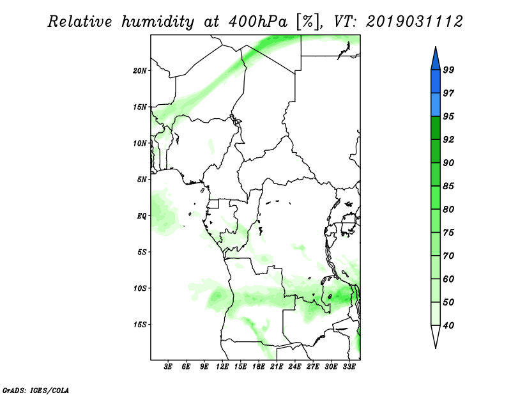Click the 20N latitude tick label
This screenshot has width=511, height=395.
pyautogui.click(x=140, y=70)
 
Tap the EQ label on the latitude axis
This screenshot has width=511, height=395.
pyautogui.click(x=142, y=216)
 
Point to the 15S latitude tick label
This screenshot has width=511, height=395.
pyautogui.click(x=140, y=325)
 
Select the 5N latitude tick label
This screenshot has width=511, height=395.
pyautogui.click(x=142, y=180)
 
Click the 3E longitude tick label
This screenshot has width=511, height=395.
pyautogui.click(x=168, y=367)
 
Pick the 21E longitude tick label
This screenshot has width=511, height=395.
pyautogui.click(x=277, y=367)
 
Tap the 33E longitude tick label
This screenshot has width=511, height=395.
pyautogui.click(x=349, y=367)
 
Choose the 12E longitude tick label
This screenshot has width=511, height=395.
pyautogui.click(x=222, y=367)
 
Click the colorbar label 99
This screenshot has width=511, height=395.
pyautogui.click(x=448, y=70)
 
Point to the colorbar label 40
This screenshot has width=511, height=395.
pyautogui.click(x=448, y=325)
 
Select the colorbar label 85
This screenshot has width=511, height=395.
pyautogui.click(x=448, y=186)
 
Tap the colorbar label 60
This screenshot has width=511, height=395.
pyautogui.click(x=448, y=279)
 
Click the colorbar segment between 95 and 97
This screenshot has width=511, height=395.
pyautogui.click(x=436, y=105)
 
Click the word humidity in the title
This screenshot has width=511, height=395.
pyautogui.click(x=158, y=22)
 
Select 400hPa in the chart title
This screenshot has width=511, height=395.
pyautogui.click(x=258, y=22)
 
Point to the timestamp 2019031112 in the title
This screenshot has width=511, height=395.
pyautogui.click(x=414, y=22)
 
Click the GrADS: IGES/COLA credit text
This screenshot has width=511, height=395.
pyautogui.click(x=36, y=390)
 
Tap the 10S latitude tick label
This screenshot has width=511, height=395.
pyautogui.click(x=140, y=288)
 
